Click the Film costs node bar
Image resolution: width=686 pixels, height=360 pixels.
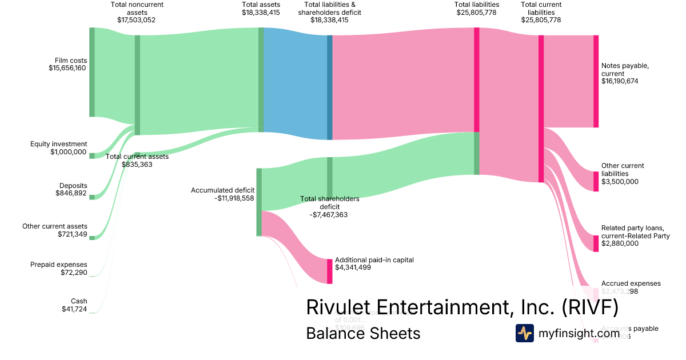click(91, 72)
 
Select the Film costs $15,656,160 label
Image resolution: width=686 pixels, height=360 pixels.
click(67, 64)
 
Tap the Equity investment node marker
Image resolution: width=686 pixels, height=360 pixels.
click(91, 155)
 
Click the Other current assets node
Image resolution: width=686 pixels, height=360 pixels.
click(91, 237)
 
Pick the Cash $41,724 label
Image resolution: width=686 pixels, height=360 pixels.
click(74, 305)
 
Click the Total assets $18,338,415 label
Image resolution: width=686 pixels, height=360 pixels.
click(261, 9)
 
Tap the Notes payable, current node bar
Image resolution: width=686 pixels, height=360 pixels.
click(596, 81)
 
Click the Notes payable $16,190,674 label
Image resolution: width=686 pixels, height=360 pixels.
click(625, 73)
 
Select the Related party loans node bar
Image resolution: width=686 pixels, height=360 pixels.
click(596, 243)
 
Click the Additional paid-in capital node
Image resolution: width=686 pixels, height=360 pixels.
click(329, 271)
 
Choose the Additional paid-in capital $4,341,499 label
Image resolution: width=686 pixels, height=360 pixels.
click(374, 263)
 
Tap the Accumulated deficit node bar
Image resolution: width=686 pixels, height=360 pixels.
click(259, 202)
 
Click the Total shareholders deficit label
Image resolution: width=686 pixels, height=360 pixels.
click(329, 206)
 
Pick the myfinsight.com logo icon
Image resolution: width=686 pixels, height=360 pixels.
click(524, 333)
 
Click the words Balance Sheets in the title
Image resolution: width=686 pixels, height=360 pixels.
click(363, 333)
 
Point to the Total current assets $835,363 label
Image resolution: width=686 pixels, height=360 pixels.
click(137, 160)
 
